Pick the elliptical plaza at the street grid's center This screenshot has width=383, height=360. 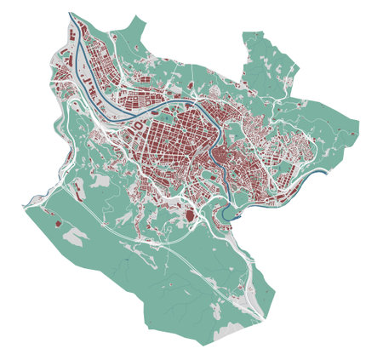point(172,136)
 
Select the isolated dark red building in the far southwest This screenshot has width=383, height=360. point(58,224)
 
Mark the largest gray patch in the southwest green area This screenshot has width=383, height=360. point(75,239)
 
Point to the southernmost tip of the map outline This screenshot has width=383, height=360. point(204,345)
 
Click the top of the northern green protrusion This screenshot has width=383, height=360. point(253,34)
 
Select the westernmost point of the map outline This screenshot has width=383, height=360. point(23,205)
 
